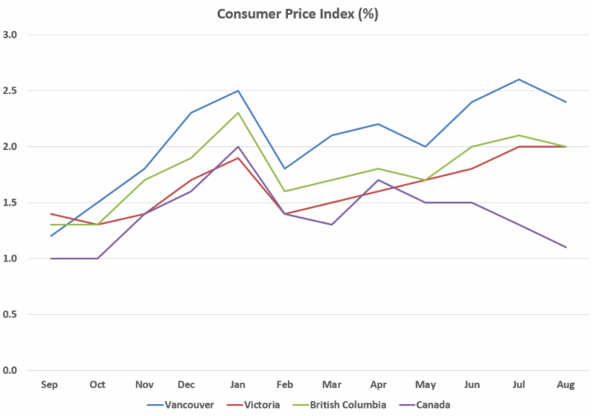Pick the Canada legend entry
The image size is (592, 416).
click(433, 404)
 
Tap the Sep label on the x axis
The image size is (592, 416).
click(50, 385)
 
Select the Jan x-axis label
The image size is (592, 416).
click(238, 385)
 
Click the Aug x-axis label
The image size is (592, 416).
click(566, 385)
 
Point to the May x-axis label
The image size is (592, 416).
click(425, 385)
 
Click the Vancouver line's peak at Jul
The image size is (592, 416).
click(519, 79)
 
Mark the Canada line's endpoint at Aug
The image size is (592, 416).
click(566, 247)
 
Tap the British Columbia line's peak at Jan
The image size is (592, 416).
click(238, 113)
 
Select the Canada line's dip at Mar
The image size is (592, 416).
click(332, 225)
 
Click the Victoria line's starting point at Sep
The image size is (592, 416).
click(50, 214)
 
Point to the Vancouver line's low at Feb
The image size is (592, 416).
click(285, 168)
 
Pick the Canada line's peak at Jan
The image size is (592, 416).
click(238, 146)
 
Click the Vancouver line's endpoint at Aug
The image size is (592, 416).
click(566, 102)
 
